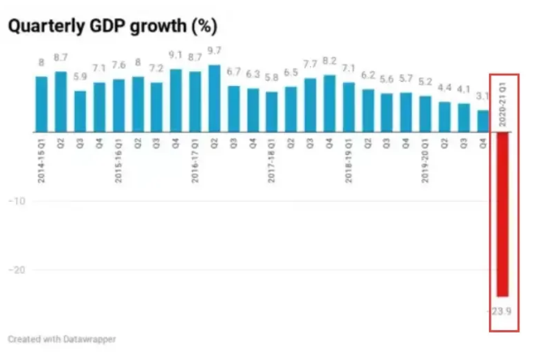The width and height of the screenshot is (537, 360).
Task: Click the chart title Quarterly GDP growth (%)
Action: (113, 26)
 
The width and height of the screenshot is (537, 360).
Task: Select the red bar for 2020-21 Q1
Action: (502, 214)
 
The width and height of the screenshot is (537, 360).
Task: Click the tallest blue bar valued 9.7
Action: (214, 97)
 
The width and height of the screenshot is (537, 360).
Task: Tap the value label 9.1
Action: (176, 56)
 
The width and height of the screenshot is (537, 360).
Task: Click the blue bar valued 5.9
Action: (80, 111)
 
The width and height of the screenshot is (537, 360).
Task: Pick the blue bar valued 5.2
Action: (425, 114)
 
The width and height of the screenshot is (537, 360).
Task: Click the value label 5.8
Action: (272, 78)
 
